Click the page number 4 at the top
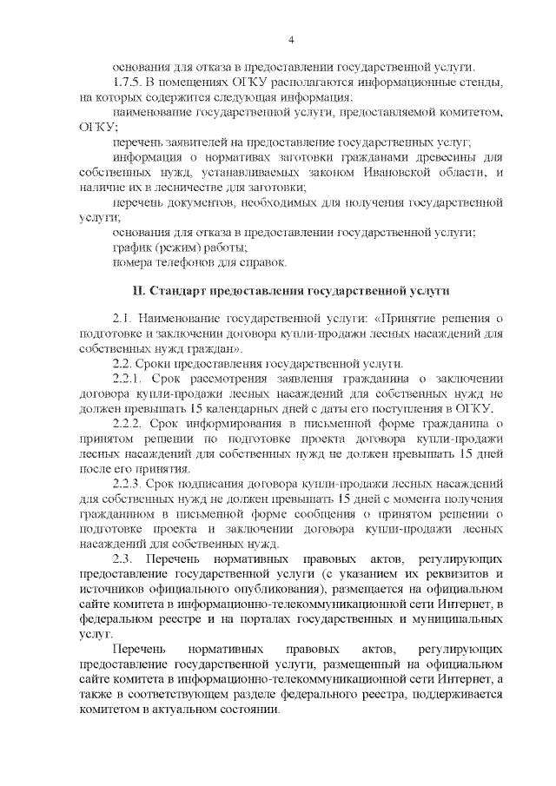[292, 39]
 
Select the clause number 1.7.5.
[127, 83]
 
